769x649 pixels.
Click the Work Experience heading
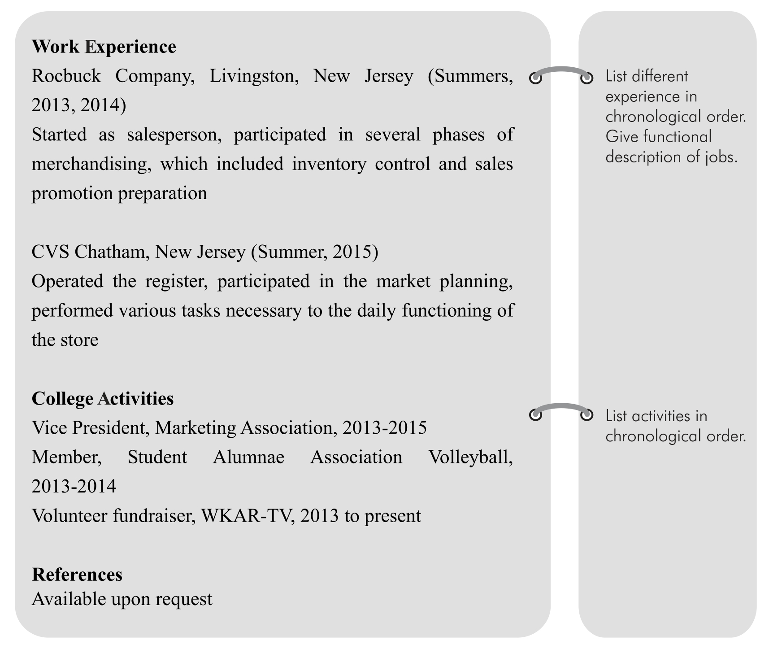point(104,47)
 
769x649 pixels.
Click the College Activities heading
point(103,398)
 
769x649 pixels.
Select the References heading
point(77,575)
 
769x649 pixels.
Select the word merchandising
point(90,164)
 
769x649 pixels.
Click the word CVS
point(51,252)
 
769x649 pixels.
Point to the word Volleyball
point(471,457)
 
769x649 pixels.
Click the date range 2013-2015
point(384,428)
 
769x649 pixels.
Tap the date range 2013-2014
point(74,486)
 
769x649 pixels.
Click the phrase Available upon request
point(122,599)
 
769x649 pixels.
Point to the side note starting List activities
point(675,426)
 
